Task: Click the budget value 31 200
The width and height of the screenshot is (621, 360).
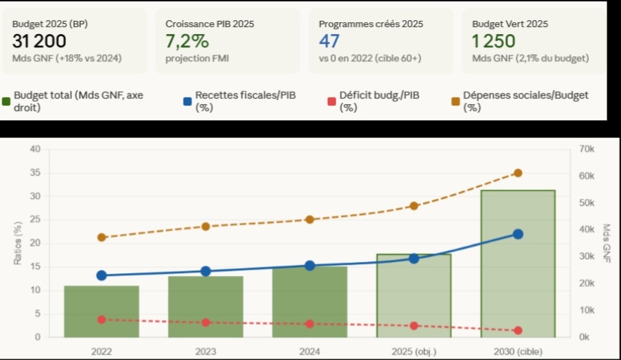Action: pyautogui.click(x=39, y=41)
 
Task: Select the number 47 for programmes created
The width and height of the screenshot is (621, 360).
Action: pyautogui.click(x=329, y=41)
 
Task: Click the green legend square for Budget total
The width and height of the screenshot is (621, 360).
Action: pyautogui.click(x=6, y=101)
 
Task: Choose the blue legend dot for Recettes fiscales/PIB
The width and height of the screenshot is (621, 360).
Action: pyautogui.click(x=187, y=101)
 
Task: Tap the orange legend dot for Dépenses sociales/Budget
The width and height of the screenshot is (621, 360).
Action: pyautogui.click(x=455, y=101)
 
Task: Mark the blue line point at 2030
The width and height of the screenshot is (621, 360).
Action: pyautogui.click(x=518, y=234)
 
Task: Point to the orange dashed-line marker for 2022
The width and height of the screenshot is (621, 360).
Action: pyautogui.click(x=101, y=237)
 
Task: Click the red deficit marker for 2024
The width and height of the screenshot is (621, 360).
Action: pyautogui.click(x=310, y=324)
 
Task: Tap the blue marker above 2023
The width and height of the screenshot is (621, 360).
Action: pyautogui.click(x=206, y=271)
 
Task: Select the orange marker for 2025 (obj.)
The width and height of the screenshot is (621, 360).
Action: pyautogui.click(x=414, y=206)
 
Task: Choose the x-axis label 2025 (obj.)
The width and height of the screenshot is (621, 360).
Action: pyautogui.click(x=414, y=352)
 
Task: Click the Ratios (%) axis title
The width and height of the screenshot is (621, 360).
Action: pyautogui.click(x=17, y=243)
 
